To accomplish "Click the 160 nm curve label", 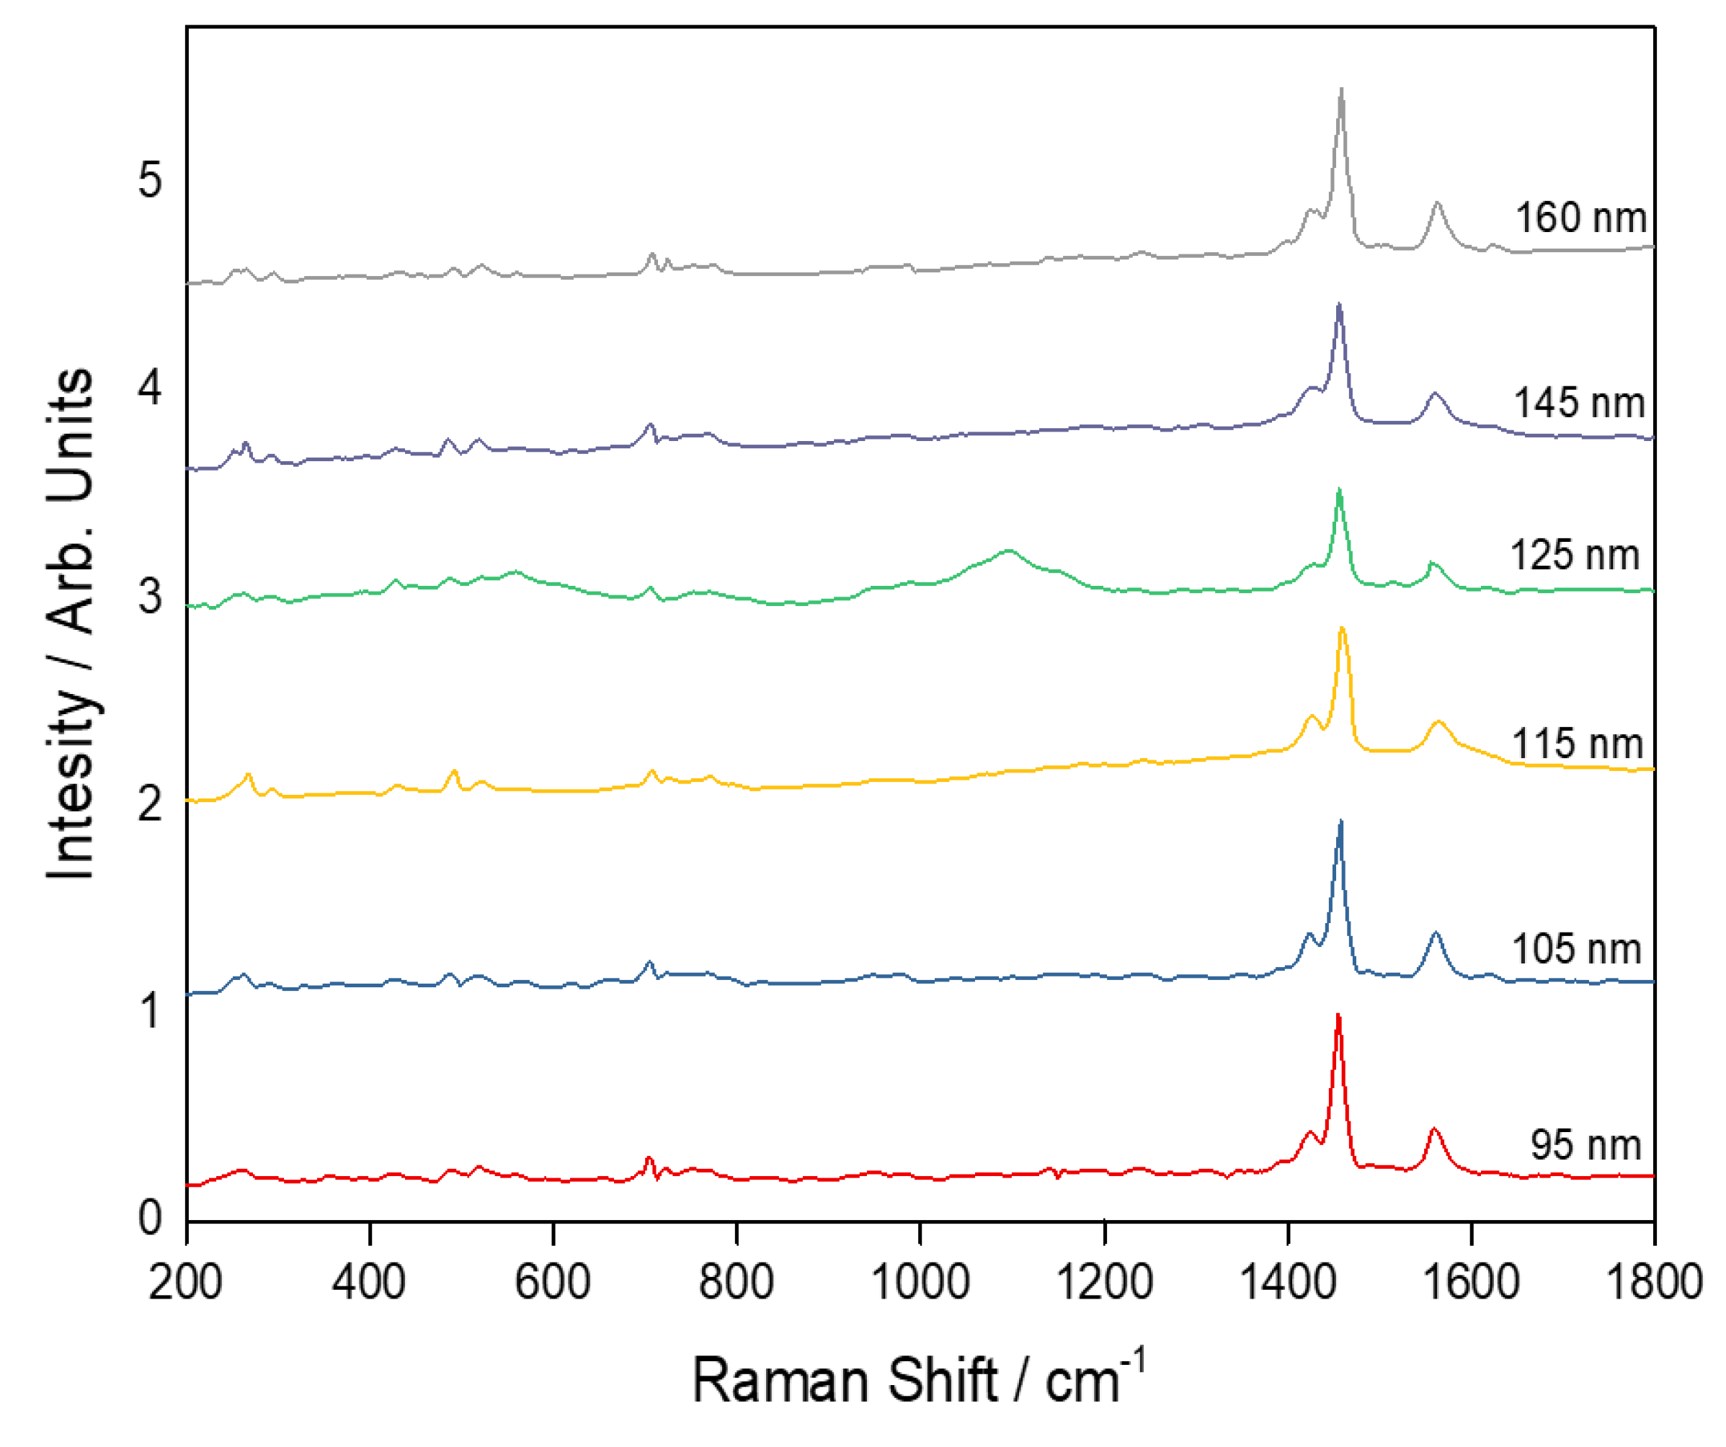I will point(1580,218).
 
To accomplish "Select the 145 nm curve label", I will point(1579,404).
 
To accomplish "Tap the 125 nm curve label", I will point(1575,556).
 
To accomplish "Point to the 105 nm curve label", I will point(1576,949).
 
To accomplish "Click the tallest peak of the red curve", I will point(1338,1017).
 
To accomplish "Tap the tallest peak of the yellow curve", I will point(1342,628).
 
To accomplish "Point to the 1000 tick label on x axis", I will point(920,1283).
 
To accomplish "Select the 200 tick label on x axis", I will point(186,1283).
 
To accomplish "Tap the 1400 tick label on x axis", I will point(1287,1283).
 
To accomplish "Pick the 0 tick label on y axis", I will point(151,1217).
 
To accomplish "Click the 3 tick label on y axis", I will point(151,595).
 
